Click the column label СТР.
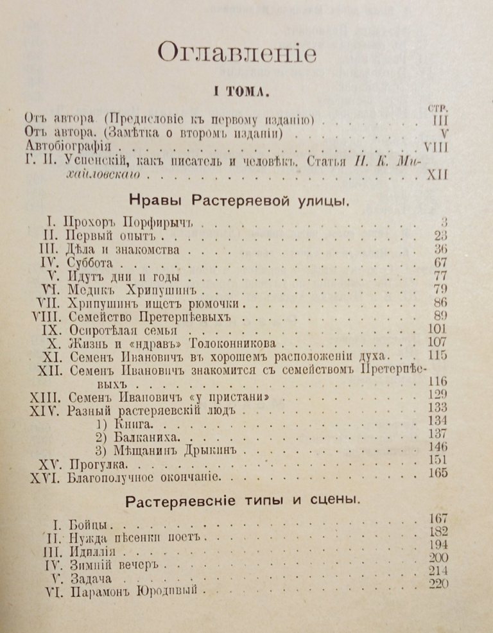point(437,108)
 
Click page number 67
point(440,263)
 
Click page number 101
point(437,330)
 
